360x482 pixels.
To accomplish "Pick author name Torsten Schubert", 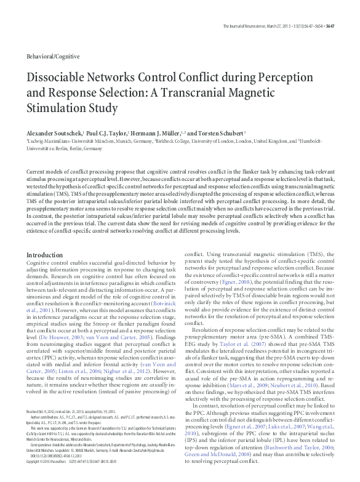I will pos(218,132).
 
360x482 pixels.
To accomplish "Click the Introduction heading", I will pos(44,254).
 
